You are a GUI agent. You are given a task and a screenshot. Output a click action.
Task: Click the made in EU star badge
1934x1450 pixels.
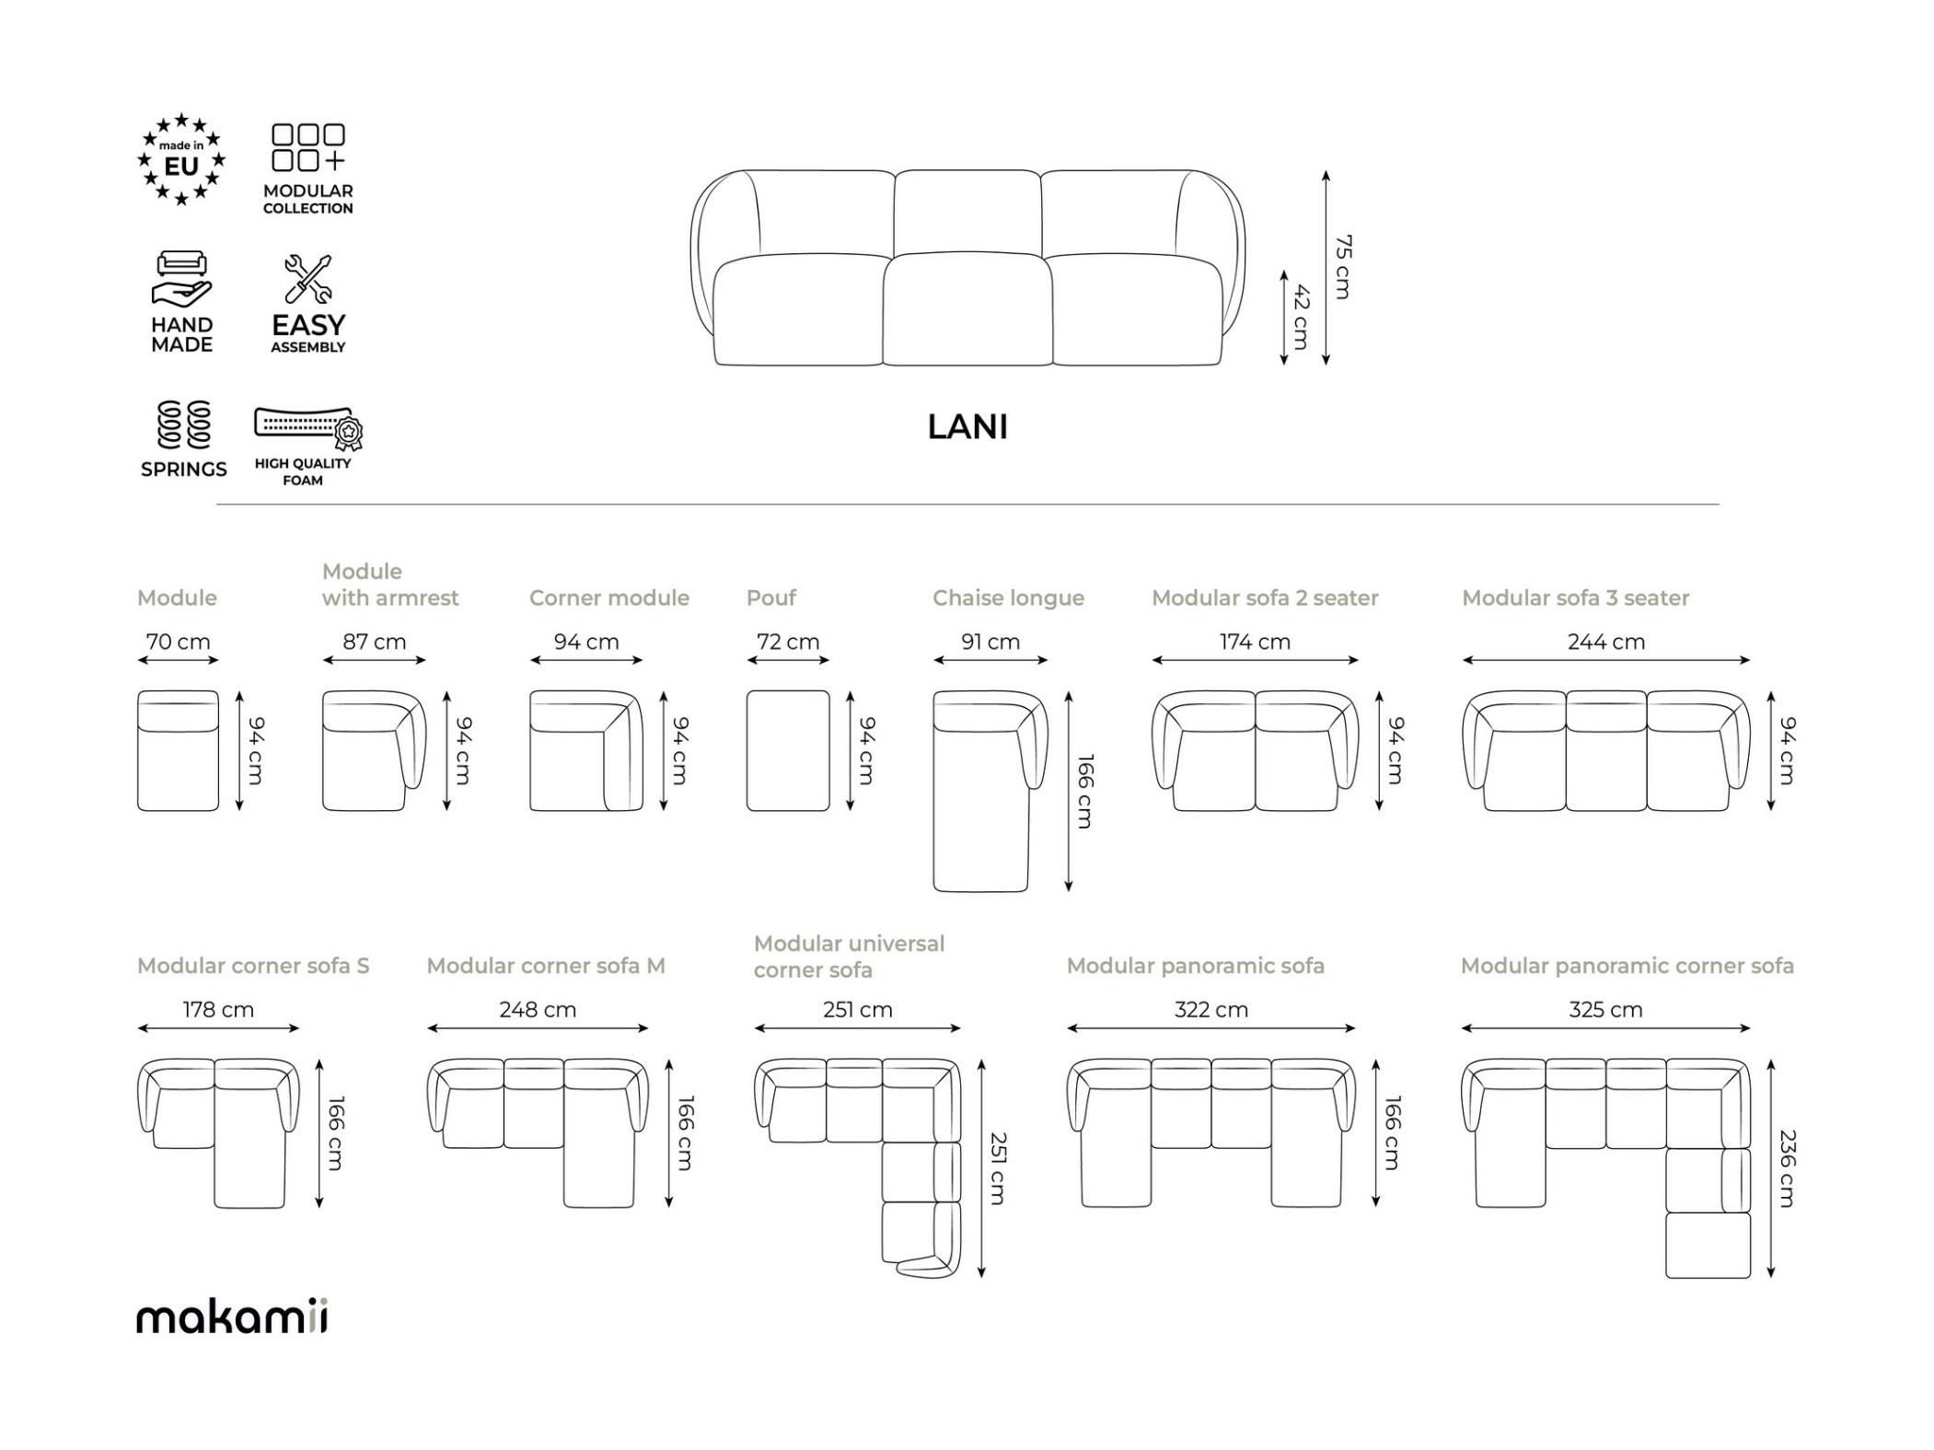(181, 159)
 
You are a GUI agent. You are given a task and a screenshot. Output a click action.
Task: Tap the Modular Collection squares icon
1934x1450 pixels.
(308, 147)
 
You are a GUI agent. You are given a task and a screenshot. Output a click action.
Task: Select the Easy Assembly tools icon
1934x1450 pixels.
(308, 279)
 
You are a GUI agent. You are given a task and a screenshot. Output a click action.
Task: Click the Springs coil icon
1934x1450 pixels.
(183, 424)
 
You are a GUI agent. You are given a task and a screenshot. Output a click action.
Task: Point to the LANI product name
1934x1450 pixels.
(967, 426)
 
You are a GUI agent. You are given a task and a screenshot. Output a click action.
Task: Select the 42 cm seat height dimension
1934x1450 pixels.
(1301, 317)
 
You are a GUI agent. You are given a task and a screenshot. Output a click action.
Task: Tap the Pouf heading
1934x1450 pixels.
(771, 597)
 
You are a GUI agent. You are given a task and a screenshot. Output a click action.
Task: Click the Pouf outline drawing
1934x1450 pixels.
(788, 750)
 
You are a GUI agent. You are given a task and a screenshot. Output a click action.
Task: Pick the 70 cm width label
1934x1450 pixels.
(178, 642)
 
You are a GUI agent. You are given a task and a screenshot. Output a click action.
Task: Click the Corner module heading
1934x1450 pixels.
(609, 597)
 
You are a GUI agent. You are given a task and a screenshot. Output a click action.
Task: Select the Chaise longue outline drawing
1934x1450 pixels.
(990, 791)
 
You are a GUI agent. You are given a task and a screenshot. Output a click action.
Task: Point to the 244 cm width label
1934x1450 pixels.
(1606, 642)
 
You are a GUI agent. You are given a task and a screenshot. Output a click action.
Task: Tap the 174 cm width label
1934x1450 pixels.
(1255, 642)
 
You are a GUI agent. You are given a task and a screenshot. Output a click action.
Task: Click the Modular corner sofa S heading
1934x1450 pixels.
(253, 966)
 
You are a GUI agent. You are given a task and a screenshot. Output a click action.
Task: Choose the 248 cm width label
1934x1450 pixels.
(538, 1010)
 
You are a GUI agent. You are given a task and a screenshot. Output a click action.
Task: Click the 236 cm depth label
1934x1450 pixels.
(1787, 1168)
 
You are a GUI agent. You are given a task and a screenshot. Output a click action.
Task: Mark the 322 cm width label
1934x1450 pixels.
(1211, 1010)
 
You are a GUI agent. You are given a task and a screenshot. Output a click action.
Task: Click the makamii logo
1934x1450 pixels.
(232, 1317)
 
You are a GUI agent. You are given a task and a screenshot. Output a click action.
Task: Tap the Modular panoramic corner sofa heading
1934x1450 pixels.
(1627, 966)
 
